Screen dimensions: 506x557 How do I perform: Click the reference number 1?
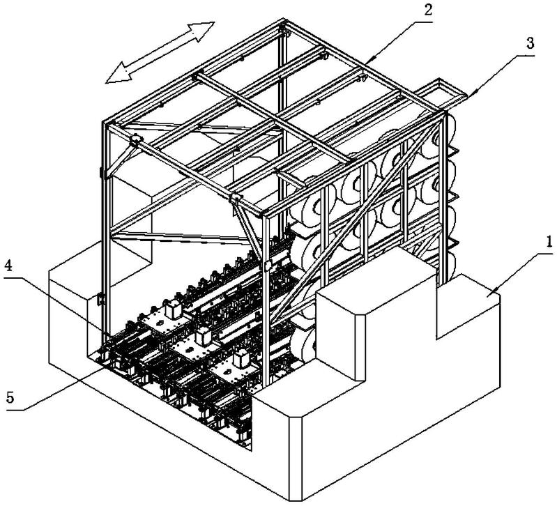[531, 244]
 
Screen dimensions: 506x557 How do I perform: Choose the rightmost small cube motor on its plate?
[241, 358]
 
